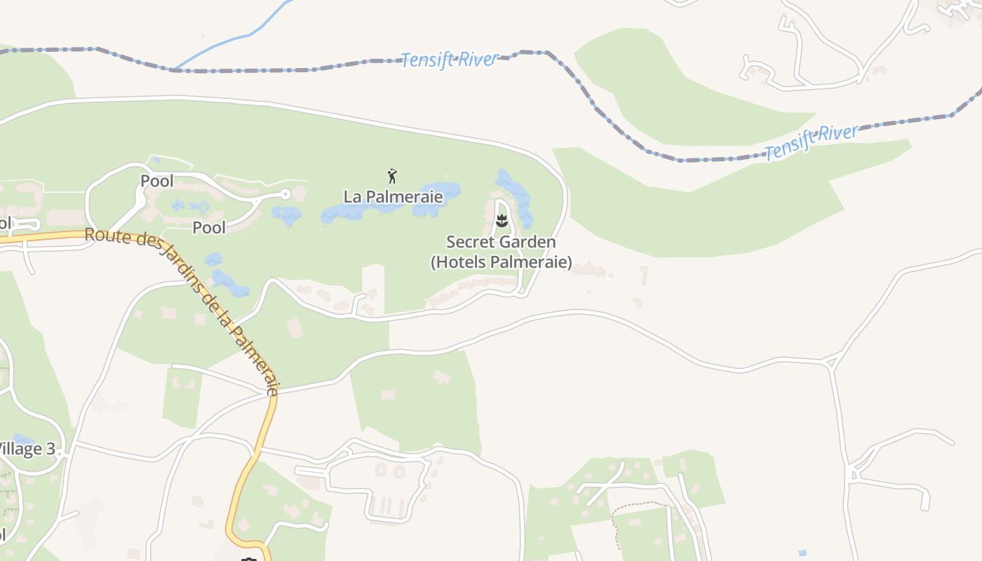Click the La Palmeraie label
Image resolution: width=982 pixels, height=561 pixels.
[393, 196]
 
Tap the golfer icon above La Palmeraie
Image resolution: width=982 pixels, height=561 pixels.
[392, 175]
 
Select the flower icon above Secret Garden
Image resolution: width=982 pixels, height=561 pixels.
[502, 221]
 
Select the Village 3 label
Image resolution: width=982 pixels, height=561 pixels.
[27, 449]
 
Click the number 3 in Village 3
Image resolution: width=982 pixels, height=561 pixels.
[50, 449]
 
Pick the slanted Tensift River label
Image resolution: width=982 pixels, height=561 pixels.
[811, 141]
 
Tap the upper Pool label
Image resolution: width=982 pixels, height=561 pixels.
[156, 181]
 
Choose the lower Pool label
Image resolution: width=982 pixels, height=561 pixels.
[209, 227]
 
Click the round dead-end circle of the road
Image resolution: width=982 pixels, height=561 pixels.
[285, 194]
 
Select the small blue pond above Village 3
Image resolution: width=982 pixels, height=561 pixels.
[22, 439]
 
